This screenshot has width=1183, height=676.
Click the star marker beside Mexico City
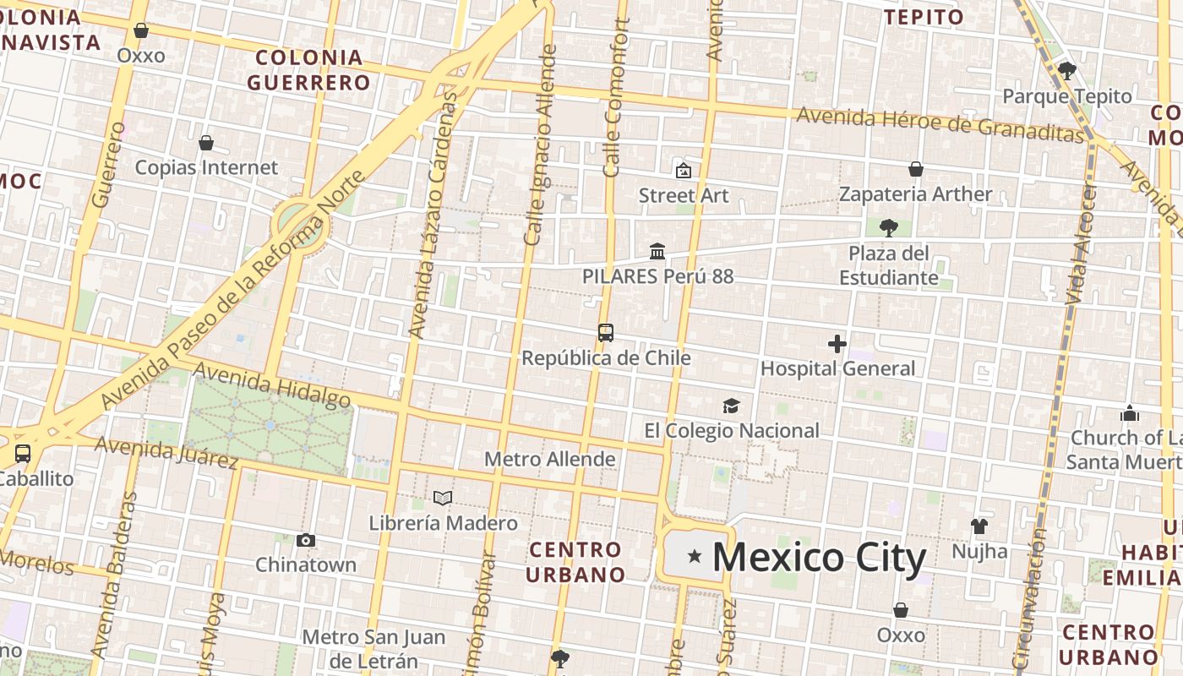(695, 556)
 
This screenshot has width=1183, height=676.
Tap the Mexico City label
(819, 558)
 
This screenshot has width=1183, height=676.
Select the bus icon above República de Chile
(606, 333)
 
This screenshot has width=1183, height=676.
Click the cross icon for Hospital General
(837, 344)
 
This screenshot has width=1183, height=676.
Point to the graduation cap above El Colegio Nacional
(731, 406)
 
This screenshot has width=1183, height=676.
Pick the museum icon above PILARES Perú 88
(657, 251)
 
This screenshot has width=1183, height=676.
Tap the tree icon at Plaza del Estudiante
(888, 227)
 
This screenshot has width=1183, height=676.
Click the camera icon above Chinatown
(306, 540)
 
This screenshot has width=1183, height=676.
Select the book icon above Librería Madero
(443, 498)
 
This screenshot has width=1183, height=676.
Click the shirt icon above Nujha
(979, 526)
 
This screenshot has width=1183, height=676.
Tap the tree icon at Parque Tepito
(1067, 71)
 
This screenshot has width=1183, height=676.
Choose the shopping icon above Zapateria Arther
(915, 169)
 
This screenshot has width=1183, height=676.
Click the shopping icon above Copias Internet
(206, 143)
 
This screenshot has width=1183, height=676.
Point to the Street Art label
(684, 195)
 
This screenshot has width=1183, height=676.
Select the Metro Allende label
(549, 459)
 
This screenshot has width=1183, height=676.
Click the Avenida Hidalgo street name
(272, 384)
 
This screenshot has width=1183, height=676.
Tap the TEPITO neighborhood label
(924, 17)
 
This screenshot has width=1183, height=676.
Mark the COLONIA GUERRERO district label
(309, 70)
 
